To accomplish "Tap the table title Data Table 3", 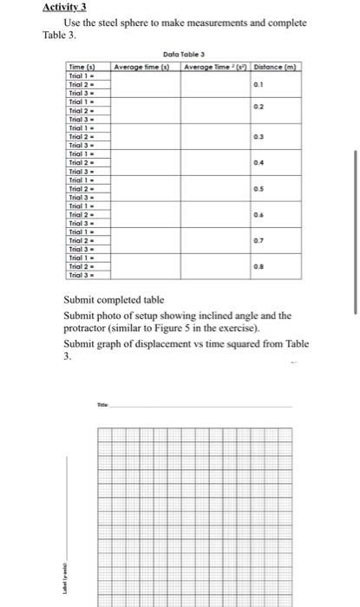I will tap(180, 54).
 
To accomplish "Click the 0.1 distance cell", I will tap(257, 85).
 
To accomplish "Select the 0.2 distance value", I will tap(257, 107).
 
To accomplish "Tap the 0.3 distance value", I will tap(257, 136).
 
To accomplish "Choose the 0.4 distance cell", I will tap(257, 163).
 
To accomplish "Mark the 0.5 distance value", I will tap(257, 190).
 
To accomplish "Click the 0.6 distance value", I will tap(257, 216).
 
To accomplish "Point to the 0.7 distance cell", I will tap(257, 241).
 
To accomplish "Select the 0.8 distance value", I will tap(257, 267).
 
